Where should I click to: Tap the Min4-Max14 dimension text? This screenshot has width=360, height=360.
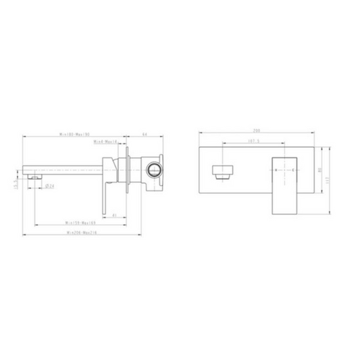pos(106,141)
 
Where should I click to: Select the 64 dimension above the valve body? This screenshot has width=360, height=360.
pos(145,134)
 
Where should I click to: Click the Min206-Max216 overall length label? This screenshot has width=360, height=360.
pos(81,234)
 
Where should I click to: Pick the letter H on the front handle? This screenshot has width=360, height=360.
pos(277,170)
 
